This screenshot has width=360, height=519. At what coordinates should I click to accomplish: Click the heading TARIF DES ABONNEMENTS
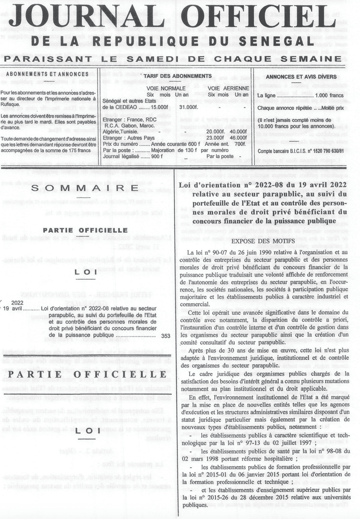177,76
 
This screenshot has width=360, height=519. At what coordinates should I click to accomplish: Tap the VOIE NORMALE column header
166,88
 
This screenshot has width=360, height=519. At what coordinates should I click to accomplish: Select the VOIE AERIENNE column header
228,88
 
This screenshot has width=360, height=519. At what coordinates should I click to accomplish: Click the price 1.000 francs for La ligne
329,96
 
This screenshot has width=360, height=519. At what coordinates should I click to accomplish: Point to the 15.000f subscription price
159,107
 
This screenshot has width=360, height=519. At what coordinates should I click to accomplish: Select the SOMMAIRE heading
85,188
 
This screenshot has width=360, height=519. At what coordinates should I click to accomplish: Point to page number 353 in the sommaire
166,336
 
